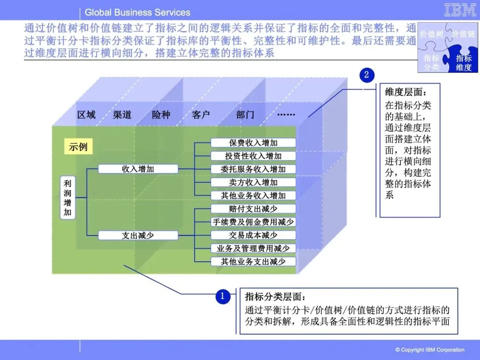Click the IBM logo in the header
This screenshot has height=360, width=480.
(x=460, y=10)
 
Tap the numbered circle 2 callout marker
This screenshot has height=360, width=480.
(x=367, y=75)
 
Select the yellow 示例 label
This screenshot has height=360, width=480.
(x=78, y=147)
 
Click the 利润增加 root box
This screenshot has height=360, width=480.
(x=68, y=197)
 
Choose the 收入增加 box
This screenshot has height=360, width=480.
(x=138, y=169)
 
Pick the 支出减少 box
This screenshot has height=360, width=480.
(x=138, y=236)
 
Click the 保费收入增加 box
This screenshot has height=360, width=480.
(x=253, y=143)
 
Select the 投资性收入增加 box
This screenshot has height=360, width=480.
(x=253, y=156)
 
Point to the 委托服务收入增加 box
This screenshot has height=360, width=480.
(x=253, y=169)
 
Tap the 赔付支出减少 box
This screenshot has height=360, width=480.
(x=253, y=209)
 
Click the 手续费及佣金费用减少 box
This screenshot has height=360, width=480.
(x=253, y=222)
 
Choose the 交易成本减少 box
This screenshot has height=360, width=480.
(x=253, y=235)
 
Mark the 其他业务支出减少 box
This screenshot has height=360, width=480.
(x=253, y=261)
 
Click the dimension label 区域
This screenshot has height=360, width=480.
(x=86, y=115)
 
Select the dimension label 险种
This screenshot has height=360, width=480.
(x=161, y=115)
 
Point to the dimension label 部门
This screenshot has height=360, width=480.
(x=245, y=115)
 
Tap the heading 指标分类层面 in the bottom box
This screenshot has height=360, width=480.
(x=276, y=297)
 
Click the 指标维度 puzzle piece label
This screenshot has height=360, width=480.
(x=464, y=63)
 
